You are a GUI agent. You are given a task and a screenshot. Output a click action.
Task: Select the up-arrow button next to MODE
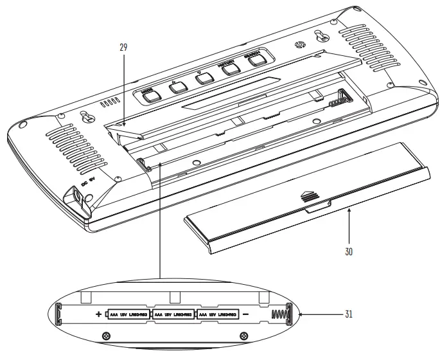[x=177, y=86]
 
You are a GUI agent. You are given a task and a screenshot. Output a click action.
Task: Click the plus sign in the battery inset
[x=98, y=314]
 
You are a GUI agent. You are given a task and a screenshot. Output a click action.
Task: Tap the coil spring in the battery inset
[x=278, y=315]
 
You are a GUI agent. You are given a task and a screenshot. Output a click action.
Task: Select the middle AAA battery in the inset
[x=175, y=314]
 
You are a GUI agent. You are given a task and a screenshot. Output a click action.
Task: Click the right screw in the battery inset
[x=243, y=336]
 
